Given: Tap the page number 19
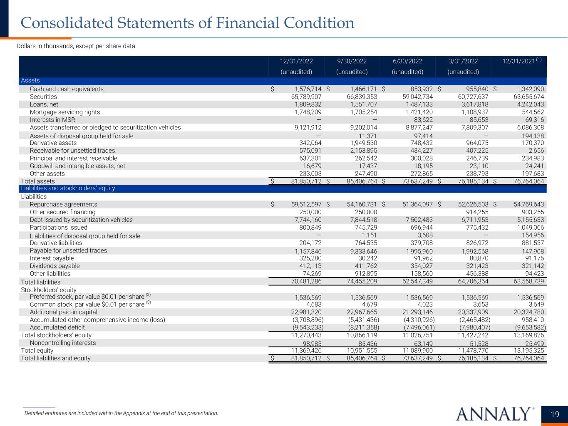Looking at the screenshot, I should click(x=555, y=414).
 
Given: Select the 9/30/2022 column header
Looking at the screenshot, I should click(x=352, y=61).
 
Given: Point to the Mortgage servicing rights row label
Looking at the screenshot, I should click(x=65, y=112).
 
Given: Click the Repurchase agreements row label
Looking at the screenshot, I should click(x=63, y=204).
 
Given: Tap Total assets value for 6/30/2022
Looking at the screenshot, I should click(x=410, y=181).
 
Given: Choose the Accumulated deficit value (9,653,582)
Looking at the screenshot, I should click(x=527, y=327).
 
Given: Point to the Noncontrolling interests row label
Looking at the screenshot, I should click(x=63, y=343).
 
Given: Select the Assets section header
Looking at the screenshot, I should click(x=30, y=81).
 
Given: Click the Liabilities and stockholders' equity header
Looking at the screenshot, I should click(x=68, y=188).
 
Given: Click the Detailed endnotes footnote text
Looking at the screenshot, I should click(x=121, y=413).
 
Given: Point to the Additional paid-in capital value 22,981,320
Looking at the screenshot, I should click(x=306, y=312).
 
